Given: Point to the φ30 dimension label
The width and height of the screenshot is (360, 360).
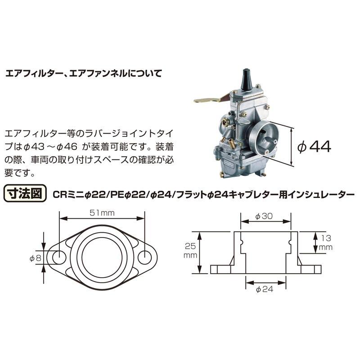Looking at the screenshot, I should click(x=264, y=216).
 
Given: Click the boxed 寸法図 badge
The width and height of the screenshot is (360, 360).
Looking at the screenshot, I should click(x=25, y=194).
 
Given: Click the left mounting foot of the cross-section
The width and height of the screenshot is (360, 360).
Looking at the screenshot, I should click(x=221, y=269).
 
